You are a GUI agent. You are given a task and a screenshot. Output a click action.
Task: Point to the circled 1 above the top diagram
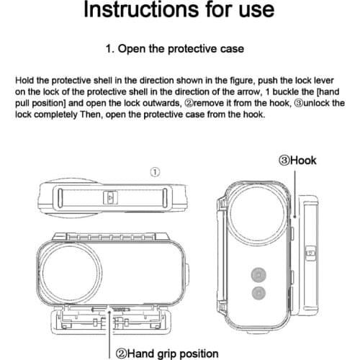coord(155,171)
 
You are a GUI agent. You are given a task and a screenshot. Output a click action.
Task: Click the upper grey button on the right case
coord(257,274)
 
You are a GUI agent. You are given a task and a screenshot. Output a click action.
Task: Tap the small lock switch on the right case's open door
coord(310,253)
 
